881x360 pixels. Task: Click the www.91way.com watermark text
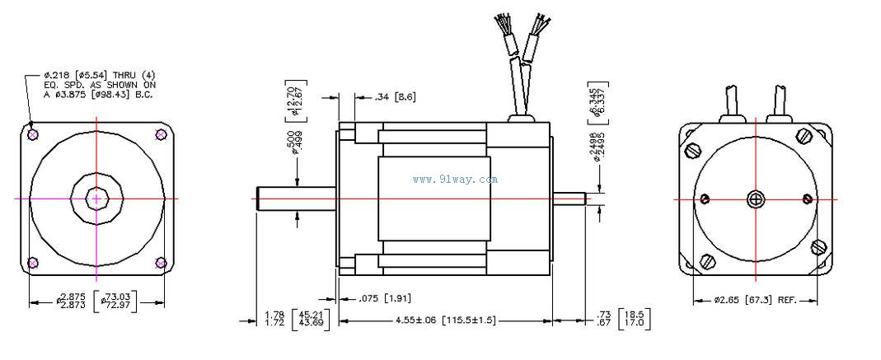tap(455, 179)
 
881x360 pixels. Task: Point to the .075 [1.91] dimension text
tap(384, 298)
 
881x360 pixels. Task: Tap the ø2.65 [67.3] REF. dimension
tap(756, 301)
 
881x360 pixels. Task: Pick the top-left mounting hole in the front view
tap(32, 134)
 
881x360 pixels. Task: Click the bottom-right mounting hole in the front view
tap(162, 263)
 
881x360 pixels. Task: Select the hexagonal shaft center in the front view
tap(97, 199)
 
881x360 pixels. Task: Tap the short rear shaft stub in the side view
tap(569, 199)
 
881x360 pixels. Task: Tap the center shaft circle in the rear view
tap(756, 199)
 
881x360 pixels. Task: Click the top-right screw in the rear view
tap(804, 136)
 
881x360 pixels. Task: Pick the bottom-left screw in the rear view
tap(708, 261)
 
